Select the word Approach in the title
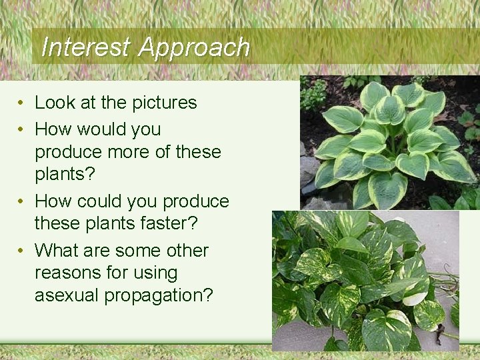(194, 47)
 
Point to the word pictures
(165, 103)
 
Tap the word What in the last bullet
(56, 251)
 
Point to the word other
(187, 251)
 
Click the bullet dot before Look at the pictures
(22, 103)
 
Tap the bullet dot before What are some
(22, 251)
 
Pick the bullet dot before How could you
(22, 202)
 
